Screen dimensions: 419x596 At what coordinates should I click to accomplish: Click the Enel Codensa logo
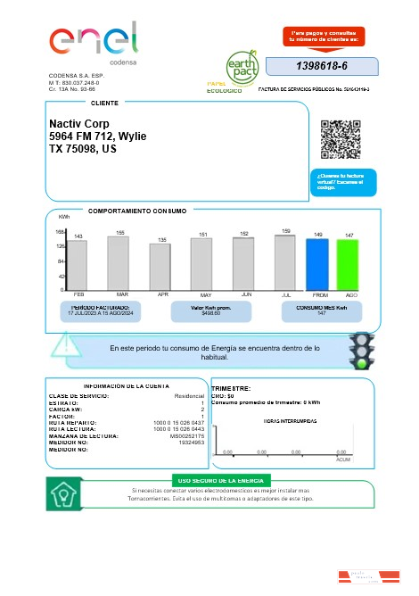tap(94, 43)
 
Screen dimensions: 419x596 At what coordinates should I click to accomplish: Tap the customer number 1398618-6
tap(321, 67)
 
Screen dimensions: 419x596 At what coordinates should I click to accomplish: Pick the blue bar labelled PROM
tap(317, 264)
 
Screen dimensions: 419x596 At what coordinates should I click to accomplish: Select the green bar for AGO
tap(348, 264)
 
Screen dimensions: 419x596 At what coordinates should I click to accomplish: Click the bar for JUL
tap(285, 262)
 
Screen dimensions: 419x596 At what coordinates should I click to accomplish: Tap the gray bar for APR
tap(160, 267)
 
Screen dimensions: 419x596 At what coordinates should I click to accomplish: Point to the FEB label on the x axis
tap(78, 294)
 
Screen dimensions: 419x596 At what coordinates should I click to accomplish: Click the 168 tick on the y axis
tap(60, 232)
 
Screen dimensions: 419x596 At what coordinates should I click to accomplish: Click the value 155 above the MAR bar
tap(120, 233)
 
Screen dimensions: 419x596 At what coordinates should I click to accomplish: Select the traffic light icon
tap(360, 351)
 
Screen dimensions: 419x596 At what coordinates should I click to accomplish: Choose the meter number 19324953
tap(192, 443)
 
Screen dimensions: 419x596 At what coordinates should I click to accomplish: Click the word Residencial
tap(189, 395)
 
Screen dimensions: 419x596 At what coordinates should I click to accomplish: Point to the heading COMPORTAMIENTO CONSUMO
tap(137, 211)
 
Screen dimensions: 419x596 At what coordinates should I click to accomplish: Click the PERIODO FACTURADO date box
tap(101, 310)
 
